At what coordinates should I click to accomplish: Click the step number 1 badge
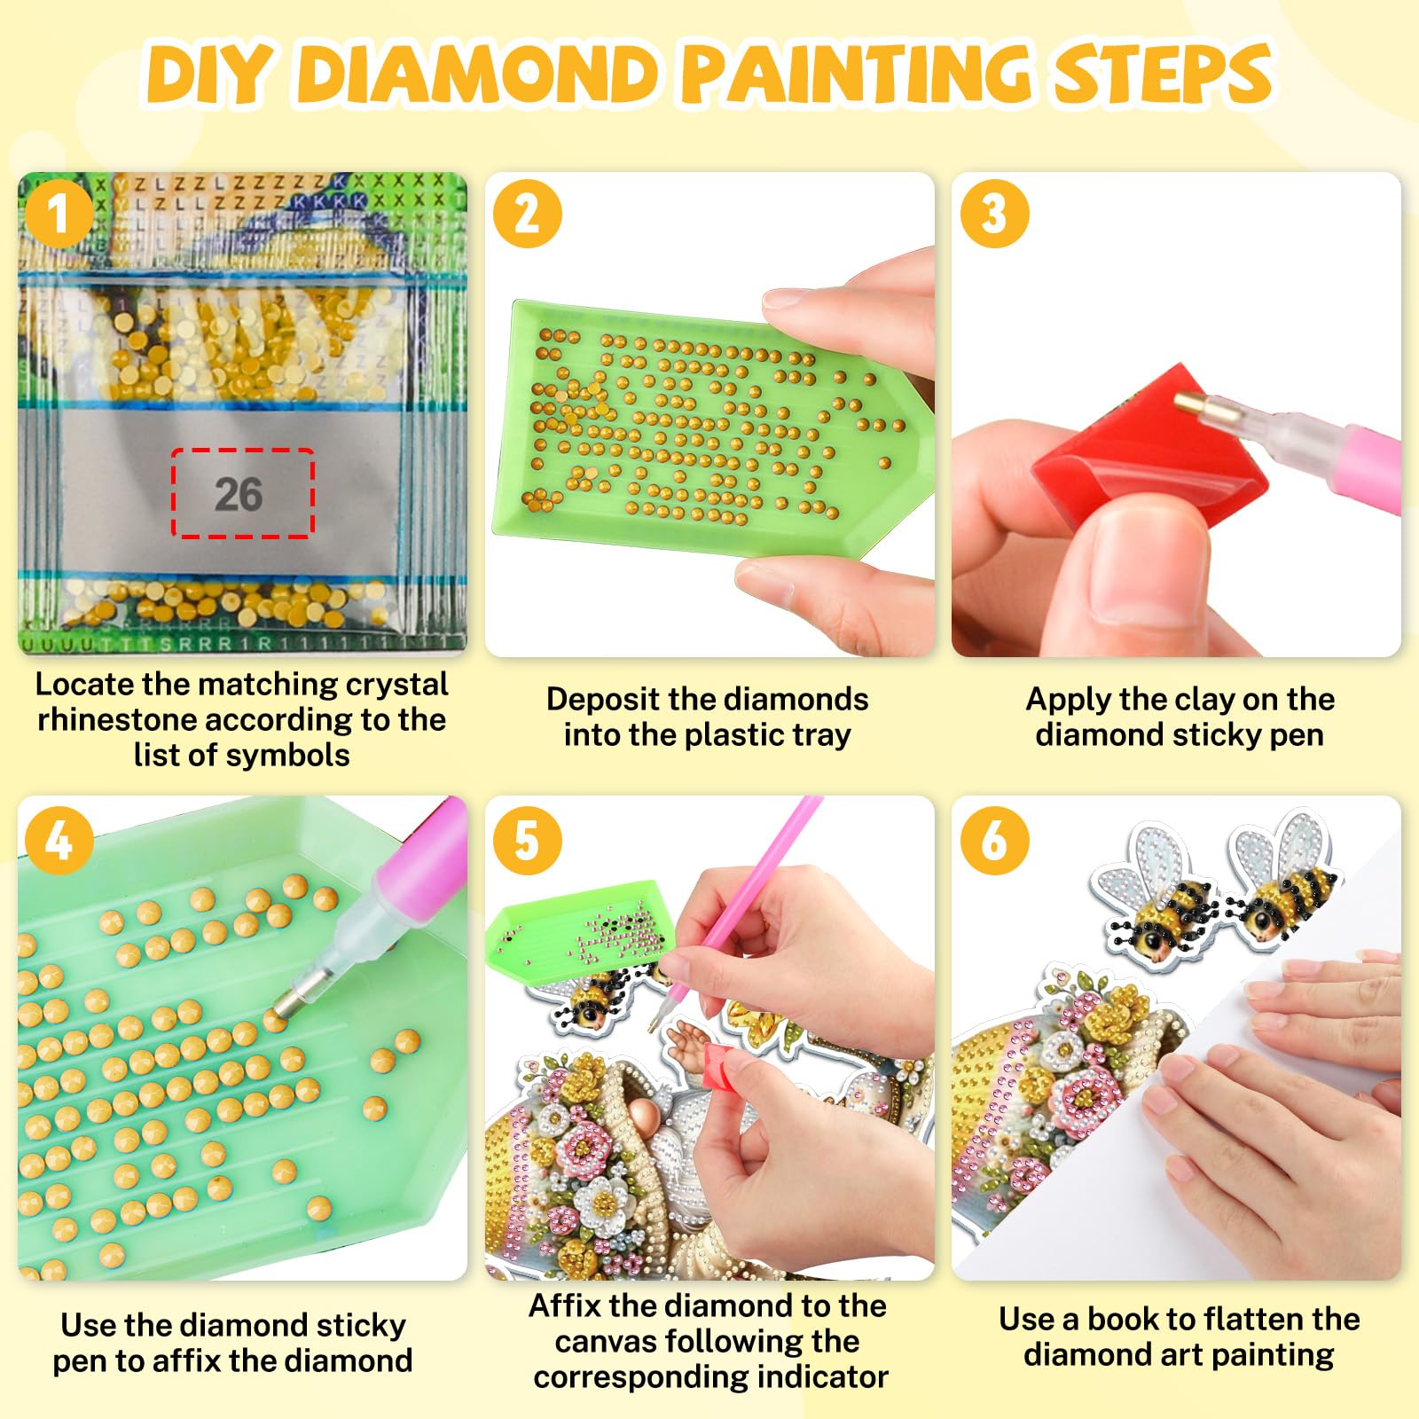59,214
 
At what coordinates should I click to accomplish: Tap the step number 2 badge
527,214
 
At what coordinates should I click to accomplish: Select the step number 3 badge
994,214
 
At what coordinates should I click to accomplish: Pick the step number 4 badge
59,840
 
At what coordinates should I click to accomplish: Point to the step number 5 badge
527,840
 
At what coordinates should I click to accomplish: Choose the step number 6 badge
994,840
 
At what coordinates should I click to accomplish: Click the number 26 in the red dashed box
239,494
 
